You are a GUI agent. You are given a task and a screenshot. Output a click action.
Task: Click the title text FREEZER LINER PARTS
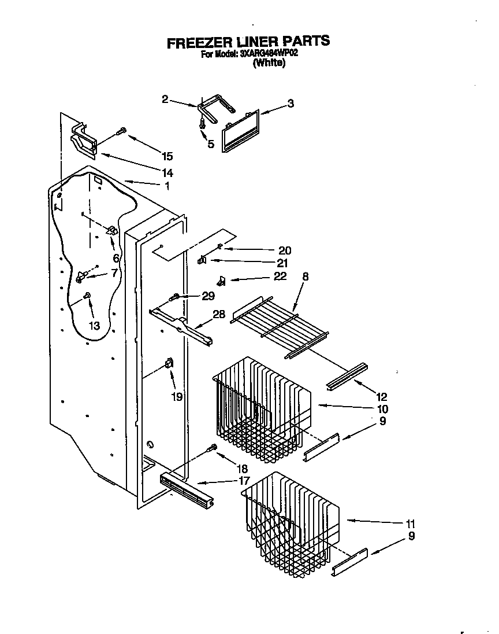coord(248,42)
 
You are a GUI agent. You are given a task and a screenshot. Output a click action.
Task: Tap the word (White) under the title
coord(269,64)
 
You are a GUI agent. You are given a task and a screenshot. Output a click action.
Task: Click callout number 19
coord(177,396)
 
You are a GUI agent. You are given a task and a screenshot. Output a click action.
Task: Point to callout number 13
coord(94,326)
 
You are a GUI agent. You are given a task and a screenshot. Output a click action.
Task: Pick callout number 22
coord(280,277)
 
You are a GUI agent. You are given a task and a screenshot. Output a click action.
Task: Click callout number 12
coord(381,397)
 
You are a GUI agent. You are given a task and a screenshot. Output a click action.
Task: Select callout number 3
coord(291,104)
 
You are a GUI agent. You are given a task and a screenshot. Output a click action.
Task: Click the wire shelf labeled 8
coord(280,327)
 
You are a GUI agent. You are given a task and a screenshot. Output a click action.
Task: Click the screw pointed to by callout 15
coord(121,131)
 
